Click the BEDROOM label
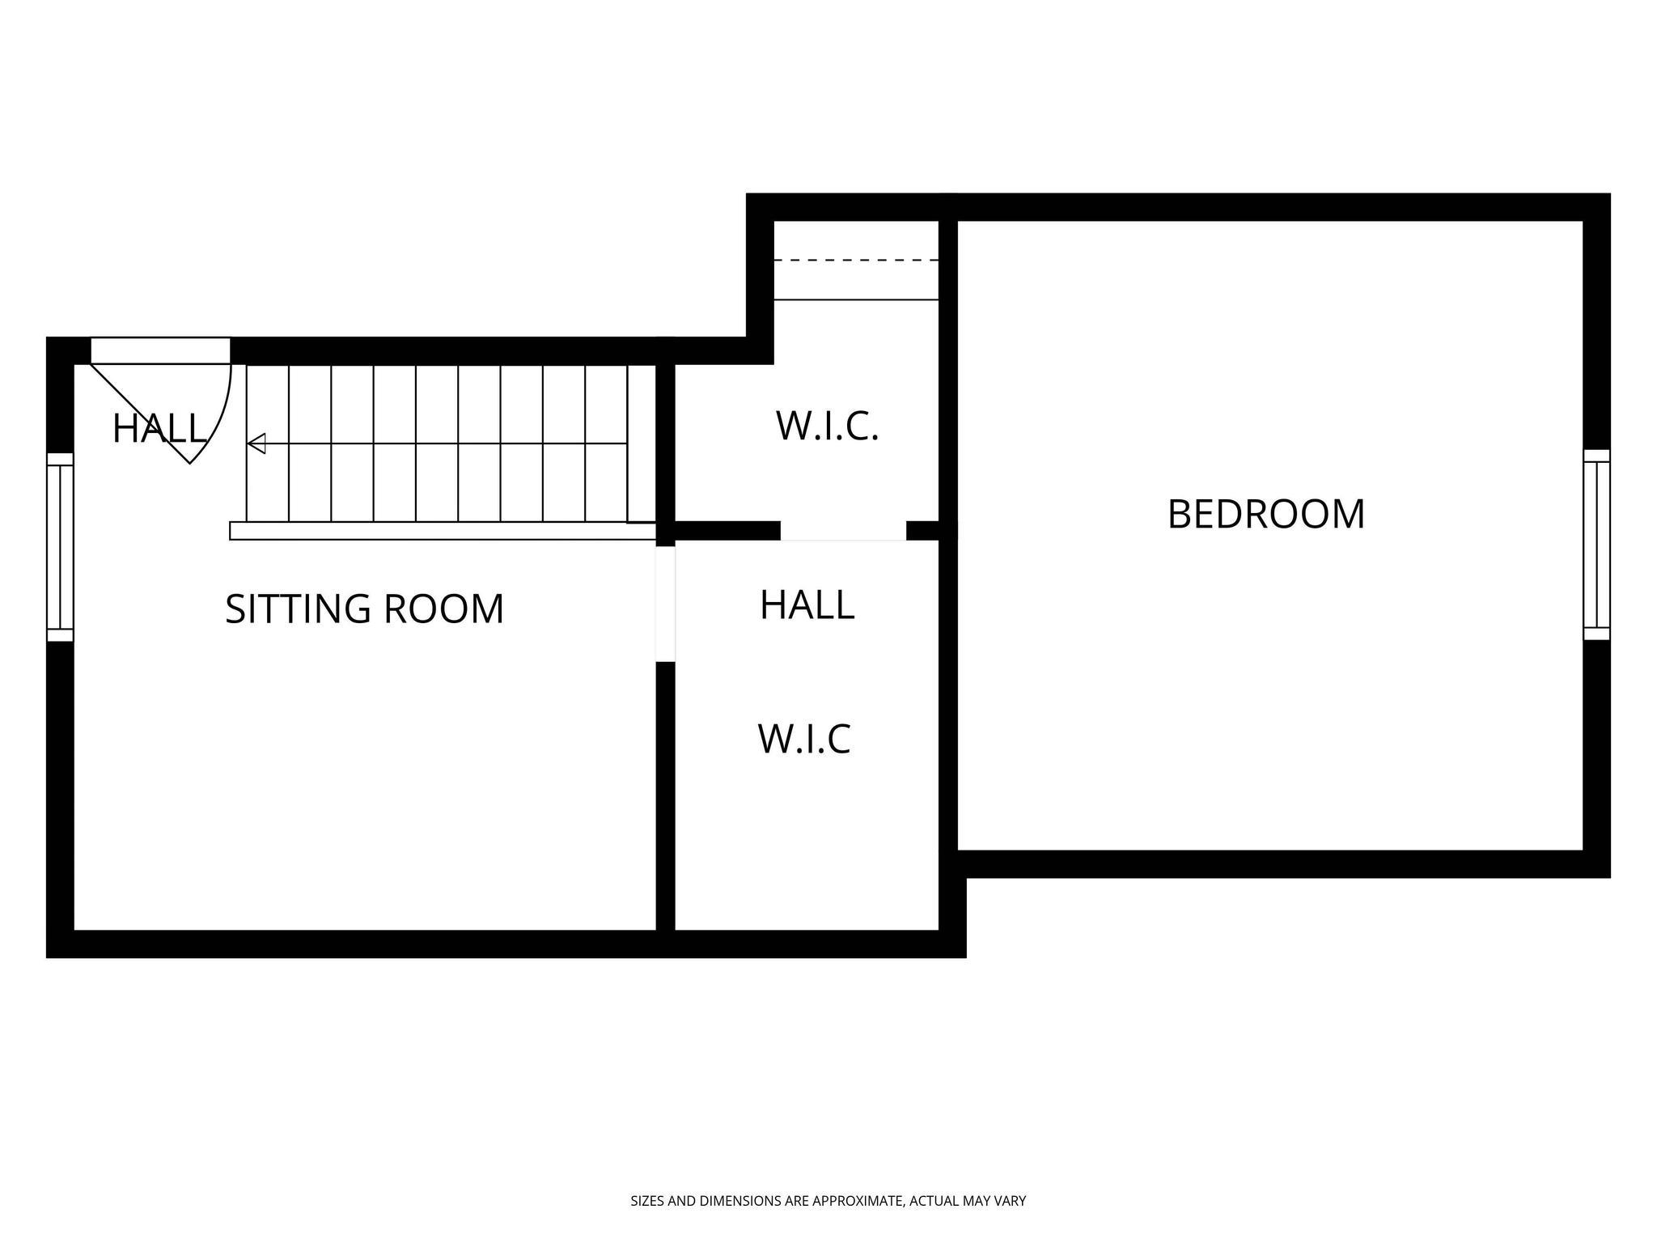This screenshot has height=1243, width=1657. (x=1265, y=515)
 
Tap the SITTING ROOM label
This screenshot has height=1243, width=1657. (x=364, y=609)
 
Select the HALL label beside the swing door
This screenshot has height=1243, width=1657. (x=159, y=429)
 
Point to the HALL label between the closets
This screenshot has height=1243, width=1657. (x=807, y=605)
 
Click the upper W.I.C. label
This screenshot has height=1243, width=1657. (x=827, y=426)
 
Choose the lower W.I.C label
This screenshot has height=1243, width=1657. (x=804, y=739)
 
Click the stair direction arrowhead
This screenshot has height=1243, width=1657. (x=256, y=443)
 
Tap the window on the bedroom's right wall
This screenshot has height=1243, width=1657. (x=1596, y=545)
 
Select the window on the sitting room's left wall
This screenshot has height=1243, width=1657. (x=60, y=547)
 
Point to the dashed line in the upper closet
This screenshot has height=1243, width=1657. (x=856, y=261)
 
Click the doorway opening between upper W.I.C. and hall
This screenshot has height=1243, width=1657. (x=843, y=531)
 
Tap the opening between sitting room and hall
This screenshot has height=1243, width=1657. (x=665, y=604)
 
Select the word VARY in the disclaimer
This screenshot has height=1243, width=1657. (x=1011, y=1202)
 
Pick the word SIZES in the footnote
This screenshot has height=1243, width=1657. (x=647, y=1202)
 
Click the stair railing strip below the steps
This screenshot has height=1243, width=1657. (x=442, y=531)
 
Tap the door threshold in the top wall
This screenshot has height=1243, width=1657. (x=160, y=350)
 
